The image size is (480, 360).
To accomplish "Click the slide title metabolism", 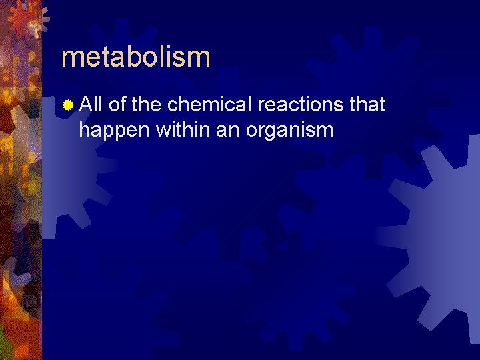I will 135,57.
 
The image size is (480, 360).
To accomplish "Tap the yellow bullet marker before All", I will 67,105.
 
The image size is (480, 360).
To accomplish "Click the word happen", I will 114,129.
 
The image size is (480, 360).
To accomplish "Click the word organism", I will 289,129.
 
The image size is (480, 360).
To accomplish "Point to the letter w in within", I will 162,129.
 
